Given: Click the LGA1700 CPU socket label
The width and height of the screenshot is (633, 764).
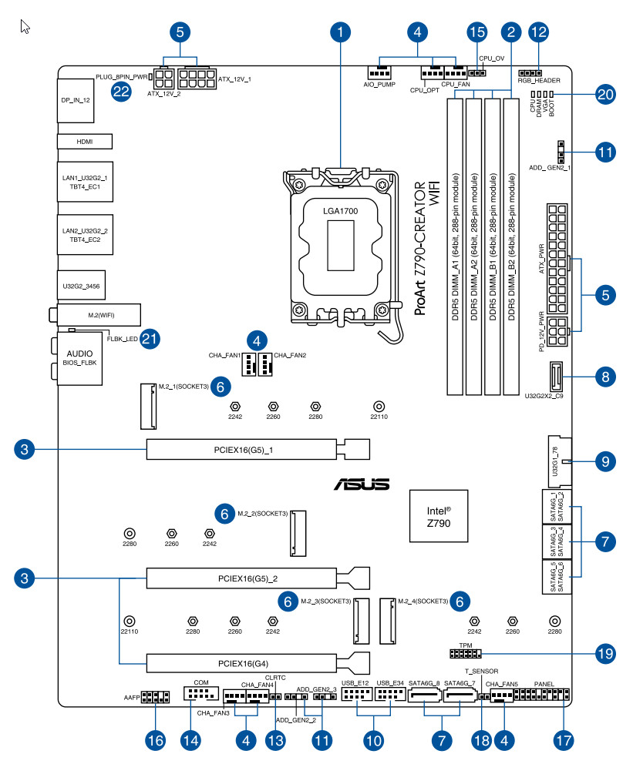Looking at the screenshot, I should tap(339, 209).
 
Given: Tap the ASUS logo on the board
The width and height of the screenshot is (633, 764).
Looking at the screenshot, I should tap(361, 484).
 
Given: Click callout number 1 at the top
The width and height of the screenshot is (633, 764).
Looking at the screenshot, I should tap(339, 32).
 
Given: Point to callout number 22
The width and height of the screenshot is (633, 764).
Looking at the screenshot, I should tap(121, 91).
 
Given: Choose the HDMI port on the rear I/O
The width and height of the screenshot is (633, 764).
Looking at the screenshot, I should tap(85, 142).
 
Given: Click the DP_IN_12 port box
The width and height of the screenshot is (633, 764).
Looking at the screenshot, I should tap(76, 100).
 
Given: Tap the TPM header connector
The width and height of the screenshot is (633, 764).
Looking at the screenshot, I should tap(465, 655).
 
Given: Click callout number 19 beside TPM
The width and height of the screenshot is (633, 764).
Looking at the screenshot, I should tap(606, 654).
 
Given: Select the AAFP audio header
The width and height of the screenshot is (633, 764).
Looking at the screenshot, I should tap(156, 698).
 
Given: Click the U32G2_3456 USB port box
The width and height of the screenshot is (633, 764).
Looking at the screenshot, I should tap(81, 286).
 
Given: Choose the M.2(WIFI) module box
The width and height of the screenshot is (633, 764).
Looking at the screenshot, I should tap(98, 314).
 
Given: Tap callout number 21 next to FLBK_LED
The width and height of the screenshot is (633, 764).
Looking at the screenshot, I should tap(150, 339).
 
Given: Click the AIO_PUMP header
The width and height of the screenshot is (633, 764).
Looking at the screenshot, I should tap(379, 70).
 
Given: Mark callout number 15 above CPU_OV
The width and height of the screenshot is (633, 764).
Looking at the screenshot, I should tap(478, 32).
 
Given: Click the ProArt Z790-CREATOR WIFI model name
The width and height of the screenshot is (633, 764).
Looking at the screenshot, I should tap(426, 250).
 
